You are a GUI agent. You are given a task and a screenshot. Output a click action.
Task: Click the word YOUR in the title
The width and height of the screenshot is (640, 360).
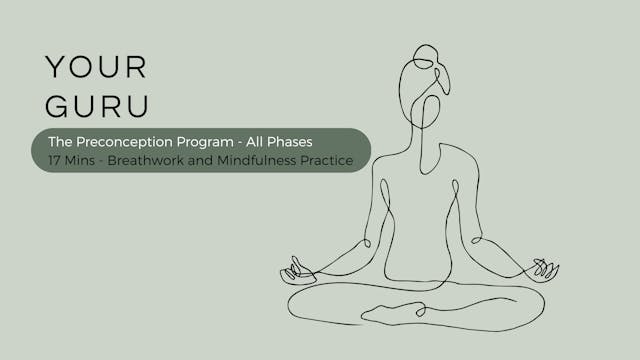[96, 67]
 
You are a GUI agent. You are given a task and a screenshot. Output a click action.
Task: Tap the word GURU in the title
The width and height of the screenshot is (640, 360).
[96, 107]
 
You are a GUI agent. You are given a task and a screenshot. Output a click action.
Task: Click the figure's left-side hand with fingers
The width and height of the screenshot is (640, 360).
[297, 270]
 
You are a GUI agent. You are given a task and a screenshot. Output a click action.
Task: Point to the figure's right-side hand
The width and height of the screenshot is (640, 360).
[545, 269]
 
